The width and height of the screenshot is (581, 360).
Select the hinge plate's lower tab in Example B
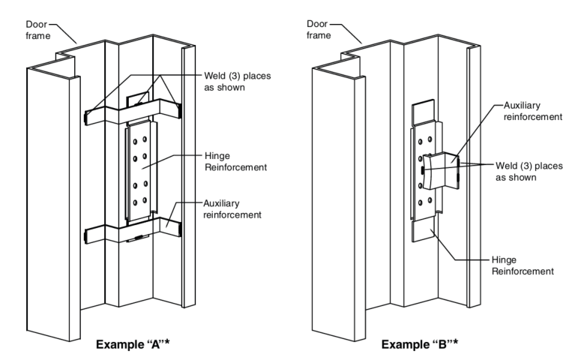(x=424, y=229)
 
